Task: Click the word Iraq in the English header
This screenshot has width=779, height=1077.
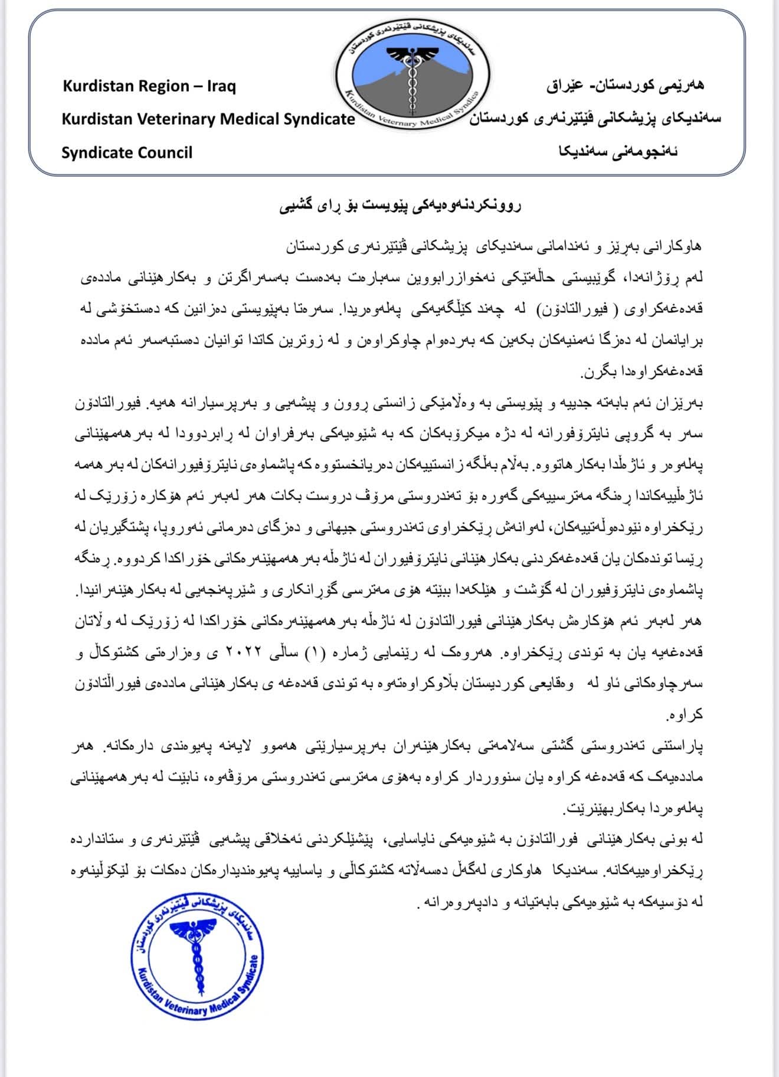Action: click(x=221, y=86)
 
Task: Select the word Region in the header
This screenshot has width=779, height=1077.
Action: click(x=152, y=86)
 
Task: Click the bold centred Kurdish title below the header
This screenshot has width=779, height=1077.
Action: click(x=400, y=206)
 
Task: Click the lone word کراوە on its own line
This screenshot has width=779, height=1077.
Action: click(x=685, y=715)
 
